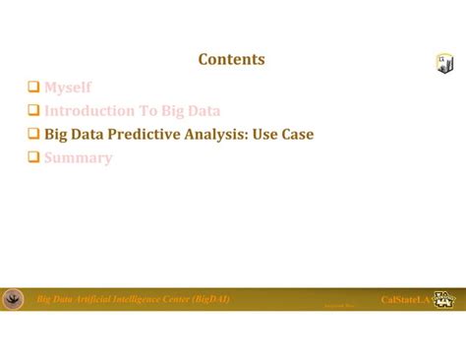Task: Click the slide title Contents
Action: (x=231, y=60)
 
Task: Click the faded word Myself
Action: (x=68, y=88)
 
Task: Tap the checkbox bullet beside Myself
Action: (x=33, y=88)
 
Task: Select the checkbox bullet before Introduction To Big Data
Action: (x=33, y=111)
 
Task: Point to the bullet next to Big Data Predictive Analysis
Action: (x=33, y=135)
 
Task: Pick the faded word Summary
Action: (x=78, y=157)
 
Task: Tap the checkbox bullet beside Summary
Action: (x=33, y=157)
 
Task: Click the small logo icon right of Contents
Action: (x=443, y=64)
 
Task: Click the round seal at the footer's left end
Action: (x=14, y=299)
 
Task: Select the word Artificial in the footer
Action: (x=93, y=298)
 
